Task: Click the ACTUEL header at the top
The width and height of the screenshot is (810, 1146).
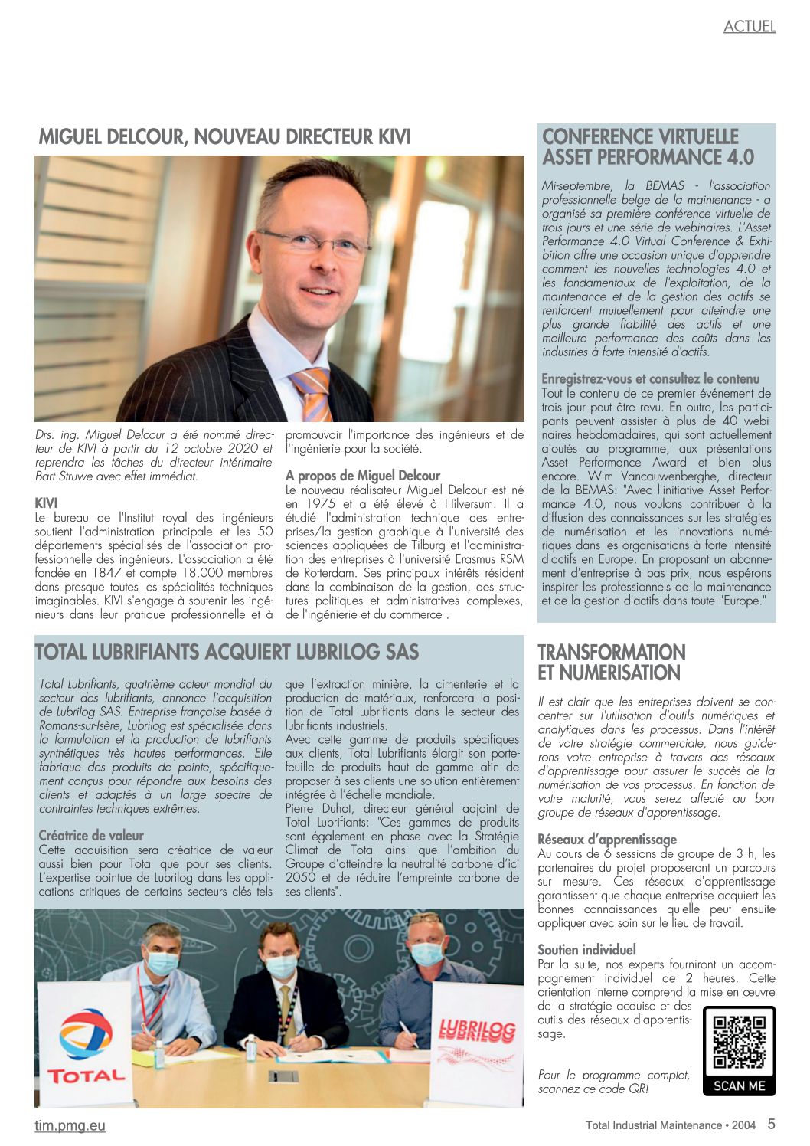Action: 749,27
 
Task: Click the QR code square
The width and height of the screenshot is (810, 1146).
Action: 739,1042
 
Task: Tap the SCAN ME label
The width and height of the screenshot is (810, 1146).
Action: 739,1085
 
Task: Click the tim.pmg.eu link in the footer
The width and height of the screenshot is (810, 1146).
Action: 70,1125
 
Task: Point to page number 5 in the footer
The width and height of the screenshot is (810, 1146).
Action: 771,1125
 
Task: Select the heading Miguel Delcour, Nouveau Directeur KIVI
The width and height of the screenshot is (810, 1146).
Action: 224,137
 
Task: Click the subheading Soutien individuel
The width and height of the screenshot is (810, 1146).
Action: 586,950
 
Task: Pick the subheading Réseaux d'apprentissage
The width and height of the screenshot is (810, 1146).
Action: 607,840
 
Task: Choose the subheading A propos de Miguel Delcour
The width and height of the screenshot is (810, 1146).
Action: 362,476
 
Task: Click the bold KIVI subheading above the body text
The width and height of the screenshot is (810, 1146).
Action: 47,503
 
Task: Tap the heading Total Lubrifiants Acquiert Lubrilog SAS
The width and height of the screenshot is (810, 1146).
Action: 227,653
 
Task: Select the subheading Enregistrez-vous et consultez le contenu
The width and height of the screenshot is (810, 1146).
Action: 650,379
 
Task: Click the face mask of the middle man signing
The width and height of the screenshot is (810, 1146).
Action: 281,966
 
